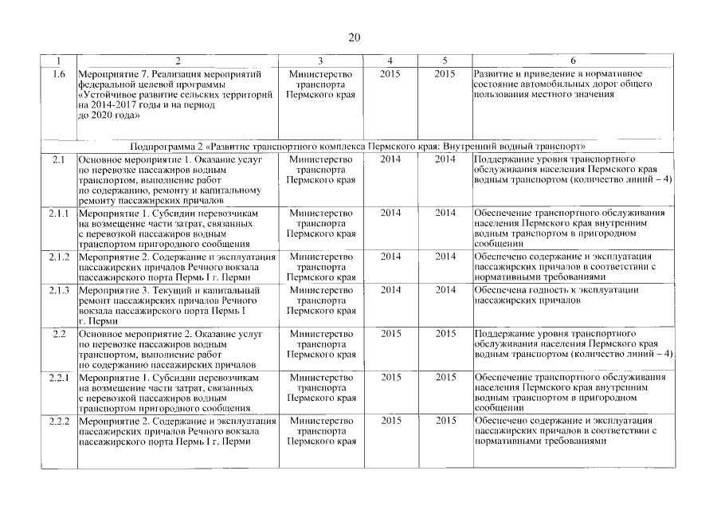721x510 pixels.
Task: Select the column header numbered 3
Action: [320, 61]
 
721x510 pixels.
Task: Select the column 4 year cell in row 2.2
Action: [390, 332]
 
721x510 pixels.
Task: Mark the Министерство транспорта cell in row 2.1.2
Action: [320, 267]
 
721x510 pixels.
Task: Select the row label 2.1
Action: [58, 159]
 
